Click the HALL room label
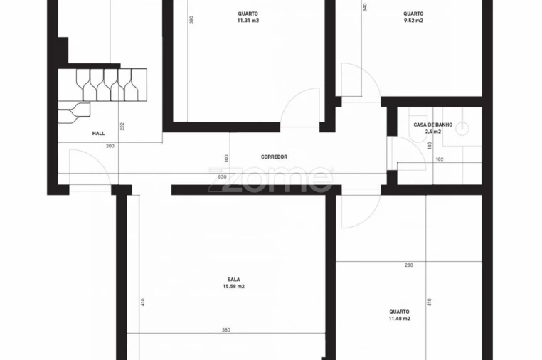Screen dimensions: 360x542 pyautogui.click(x=98, y=133)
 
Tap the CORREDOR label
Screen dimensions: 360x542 pyautogui.click(x=274, y=157)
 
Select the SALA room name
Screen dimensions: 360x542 pyautogui.click(x=233, y=279)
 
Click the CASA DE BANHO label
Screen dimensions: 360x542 pyautogui.click(x=432, y=125)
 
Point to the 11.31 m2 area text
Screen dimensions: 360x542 pyautogui.click(x=248, y=21)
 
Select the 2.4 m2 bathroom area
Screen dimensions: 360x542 pyautogui.click(x=432, y=132)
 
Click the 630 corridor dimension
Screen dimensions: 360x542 pyautogui.click(x=222, y=177)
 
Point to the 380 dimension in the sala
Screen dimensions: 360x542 pyautogui.click(x=225, y=330)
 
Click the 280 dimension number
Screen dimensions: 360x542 pyautogui.click(x=408, y=265)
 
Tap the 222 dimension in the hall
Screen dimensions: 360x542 pyautogui.click(x=122, y=126)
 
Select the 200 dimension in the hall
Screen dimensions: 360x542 pyautogui.click(x=110, y=146)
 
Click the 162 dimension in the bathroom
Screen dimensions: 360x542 pyautogui.click(x=439, y=159)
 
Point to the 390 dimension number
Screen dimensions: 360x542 pyautogui.click(x=191, y=21)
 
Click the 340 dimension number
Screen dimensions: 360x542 pyautogui.click(x=365, y=7)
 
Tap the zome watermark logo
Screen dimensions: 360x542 pyautogui.click(x=270, y=179)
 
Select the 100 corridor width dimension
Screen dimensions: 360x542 pyautogui.click(x=225, y=158)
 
